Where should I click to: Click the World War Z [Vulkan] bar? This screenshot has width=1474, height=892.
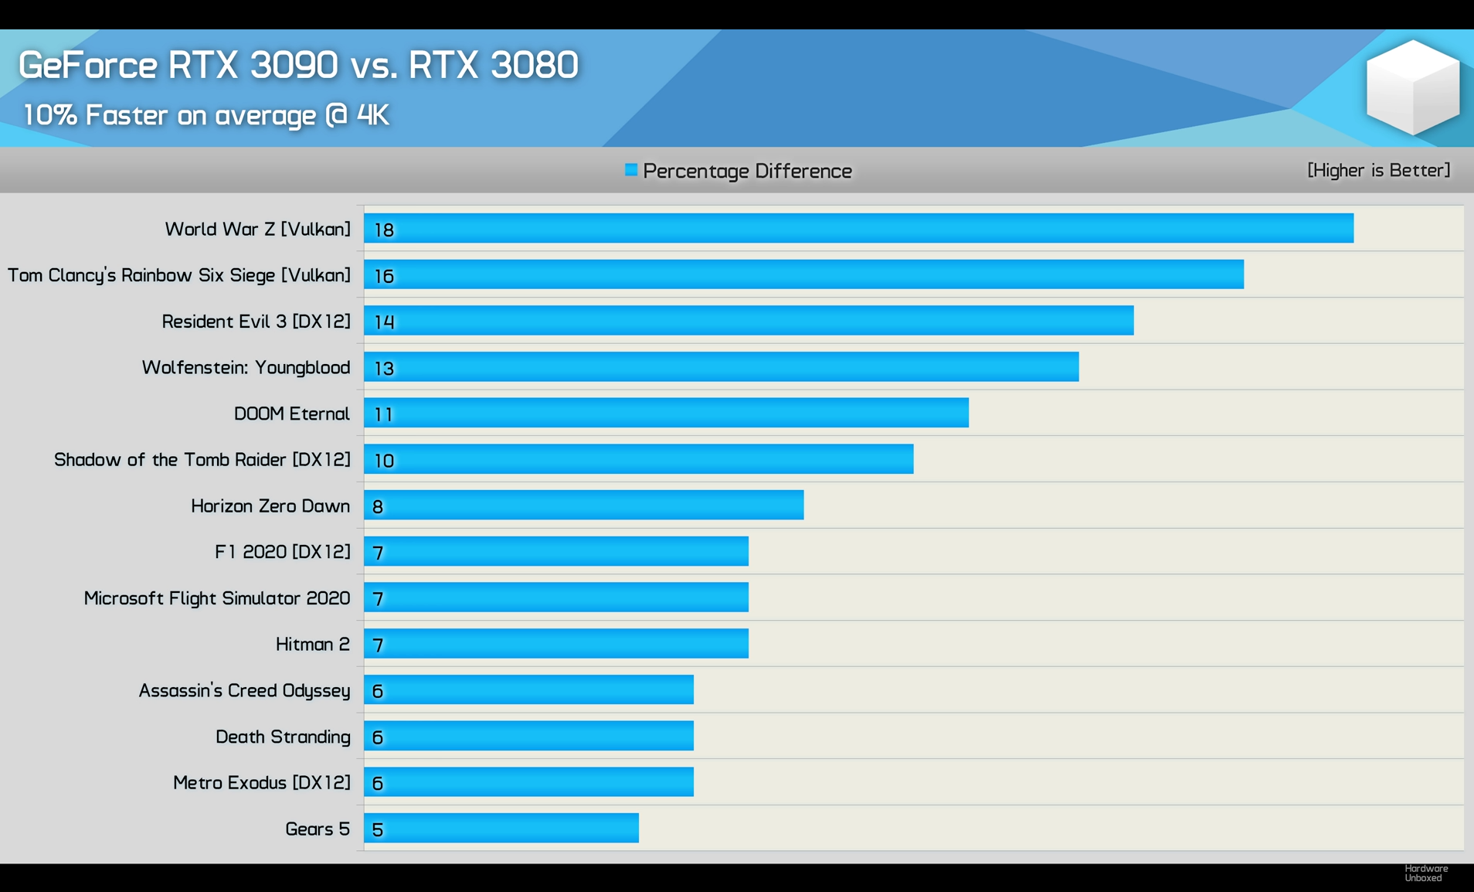point(858,228)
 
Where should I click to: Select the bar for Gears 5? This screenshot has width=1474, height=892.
point(501,828)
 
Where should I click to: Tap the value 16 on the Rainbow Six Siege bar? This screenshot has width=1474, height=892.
point(384,276)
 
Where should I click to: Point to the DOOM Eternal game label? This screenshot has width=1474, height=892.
point(291,414)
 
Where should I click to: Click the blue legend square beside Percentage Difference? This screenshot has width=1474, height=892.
point(631,170)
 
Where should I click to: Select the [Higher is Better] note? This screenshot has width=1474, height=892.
point(1378,170)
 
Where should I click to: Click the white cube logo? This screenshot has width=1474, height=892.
point(1412,87)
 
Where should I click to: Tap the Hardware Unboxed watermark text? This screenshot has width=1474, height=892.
point(1425,873)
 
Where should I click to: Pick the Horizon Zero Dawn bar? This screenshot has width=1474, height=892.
point(583,505)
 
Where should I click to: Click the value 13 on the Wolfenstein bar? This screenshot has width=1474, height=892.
point(384,368)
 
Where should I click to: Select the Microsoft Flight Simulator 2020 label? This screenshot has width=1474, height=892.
point(216,598)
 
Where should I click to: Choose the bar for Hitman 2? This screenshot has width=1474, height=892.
point(555,643)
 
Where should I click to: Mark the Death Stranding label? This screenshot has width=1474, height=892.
point(283,737)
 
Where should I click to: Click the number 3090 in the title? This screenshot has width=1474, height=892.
point(294,64)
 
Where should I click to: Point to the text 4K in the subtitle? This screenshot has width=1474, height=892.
point(372,115)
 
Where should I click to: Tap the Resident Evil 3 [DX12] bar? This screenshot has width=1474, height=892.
point(748,320)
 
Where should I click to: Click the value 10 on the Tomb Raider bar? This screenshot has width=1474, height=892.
point(384,461)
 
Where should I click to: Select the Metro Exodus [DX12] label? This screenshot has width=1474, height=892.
point(261,782)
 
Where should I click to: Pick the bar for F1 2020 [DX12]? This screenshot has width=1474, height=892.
point(555,551)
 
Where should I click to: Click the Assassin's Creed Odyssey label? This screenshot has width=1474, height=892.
point(244,690)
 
